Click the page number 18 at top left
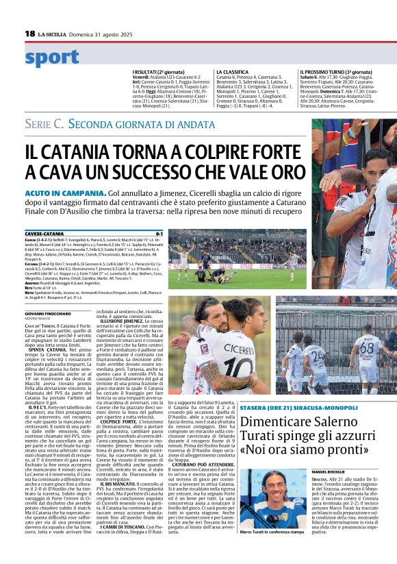(29, 34)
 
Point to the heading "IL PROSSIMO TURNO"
(325, 71)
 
